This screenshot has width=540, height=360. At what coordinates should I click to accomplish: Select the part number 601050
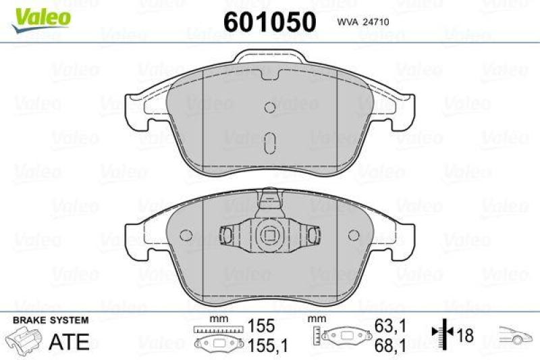pyautogui.click(x=269, y=22)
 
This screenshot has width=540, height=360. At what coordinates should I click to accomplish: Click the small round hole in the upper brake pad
pyautogui.click(x=270, y=107)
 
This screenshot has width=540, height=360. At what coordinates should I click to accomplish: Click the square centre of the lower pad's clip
pyautogui.click(x=270, y=236)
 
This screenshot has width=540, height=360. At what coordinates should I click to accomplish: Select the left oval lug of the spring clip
pyautogui.click(x=227, y=234)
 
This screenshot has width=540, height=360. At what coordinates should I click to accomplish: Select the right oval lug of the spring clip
pyautogui.click(x=313, y=234)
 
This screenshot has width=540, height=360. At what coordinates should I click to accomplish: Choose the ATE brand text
pyautogui.click(x=70, y=341)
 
